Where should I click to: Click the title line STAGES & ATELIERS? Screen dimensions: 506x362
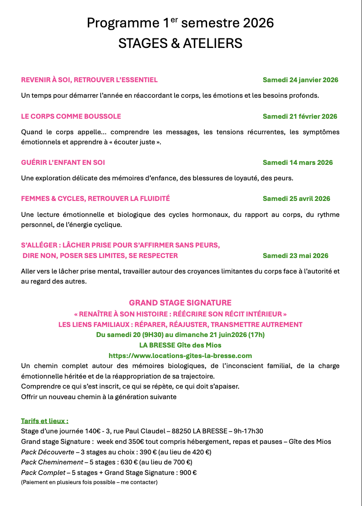(x=180, y=43)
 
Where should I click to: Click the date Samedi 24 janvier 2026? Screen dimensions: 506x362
(x=300, y=80)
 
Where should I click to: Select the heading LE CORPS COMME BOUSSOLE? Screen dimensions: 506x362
(x=71, y=116)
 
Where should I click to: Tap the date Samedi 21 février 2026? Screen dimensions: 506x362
(x=300, y=116)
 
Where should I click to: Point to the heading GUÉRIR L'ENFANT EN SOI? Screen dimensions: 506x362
(x=63, y=163)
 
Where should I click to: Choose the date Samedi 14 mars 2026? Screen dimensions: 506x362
(x=298, y=163)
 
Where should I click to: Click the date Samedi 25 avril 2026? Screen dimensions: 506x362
(x=296, y=199)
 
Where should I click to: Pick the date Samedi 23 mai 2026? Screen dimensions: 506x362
(x=295, y=256)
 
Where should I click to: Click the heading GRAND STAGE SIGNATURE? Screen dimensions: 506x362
(x=180, y=303)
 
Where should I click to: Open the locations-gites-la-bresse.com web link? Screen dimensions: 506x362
(x=180, y=355)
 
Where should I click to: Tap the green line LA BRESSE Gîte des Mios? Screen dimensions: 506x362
(x=180, y=345)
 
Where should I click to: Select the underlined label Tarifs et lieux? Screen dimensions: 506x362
(x=44, y=421)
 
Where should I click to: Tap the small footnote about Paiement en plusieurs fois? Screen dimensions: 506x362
(x=89, y=482)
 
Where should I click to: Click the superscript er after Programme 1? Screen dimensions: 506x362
(x=175, y=20)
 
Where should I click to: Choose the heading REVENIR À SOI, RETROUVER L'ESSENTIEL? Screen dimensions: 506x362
(x=89, y=80)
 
